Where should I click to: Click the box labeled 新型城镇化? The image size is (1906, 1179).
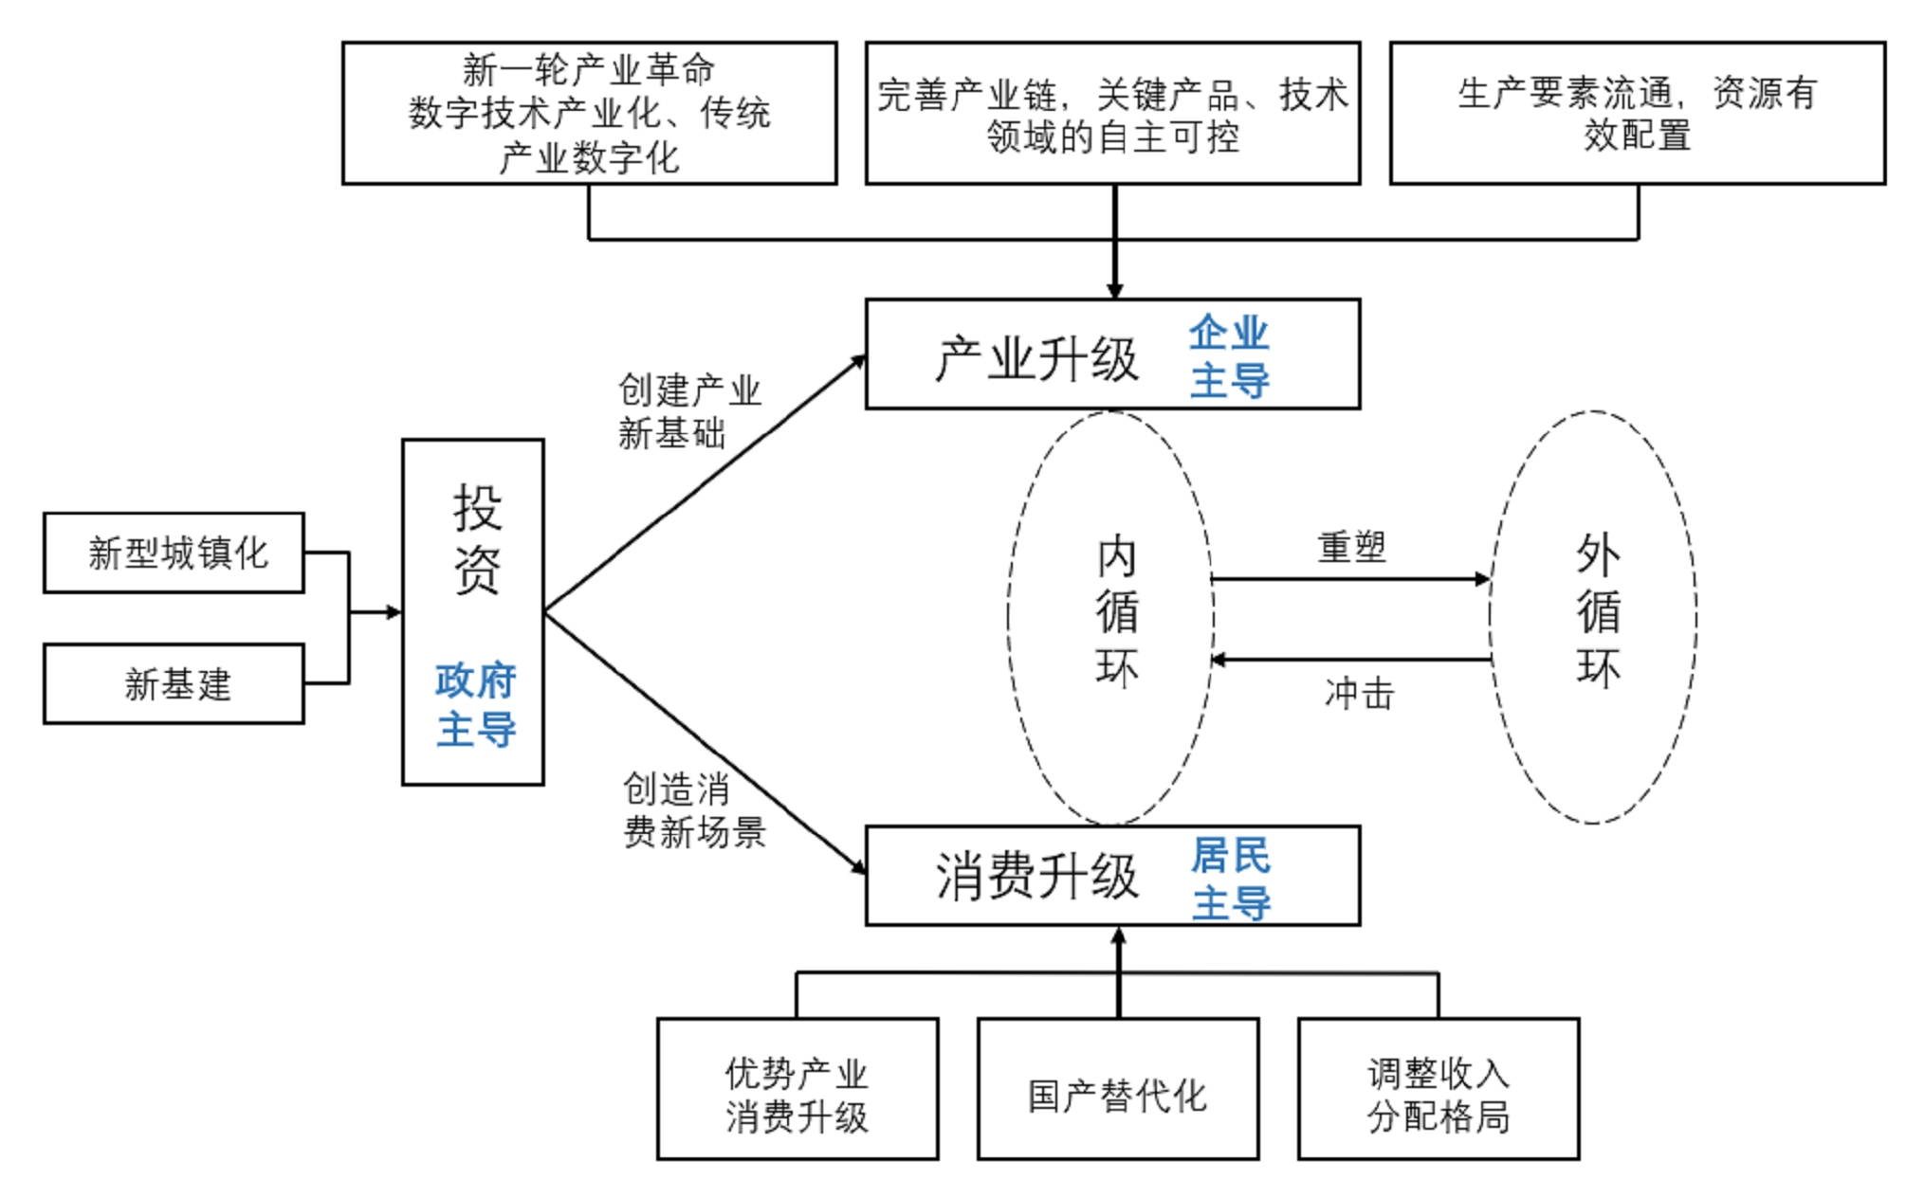click(x=174, y=553)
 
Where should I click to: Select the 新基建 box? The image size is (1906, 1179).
click(x=174, y=683)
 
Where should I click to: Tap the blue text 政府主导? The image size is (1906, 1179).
click(x=476, y=705)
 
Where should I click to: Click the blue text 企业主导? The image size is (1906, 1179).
click(x=1229, y=356)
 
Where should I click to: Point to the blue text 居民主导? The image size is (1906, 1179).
click(x=1231, y=879)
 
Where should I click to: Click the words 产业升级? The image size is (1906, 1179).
click(x=1036, y=360)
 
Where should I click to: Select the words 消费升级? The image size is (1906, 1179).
click(x=1036, y=876)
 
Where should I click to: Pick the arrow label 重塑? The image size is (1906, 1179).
click(x=1352, y=547)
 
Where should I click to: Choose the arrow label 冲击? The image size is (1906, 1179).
click(x=1359, y=694)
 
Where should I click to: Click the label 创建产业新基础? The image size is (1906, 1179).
click(x=689, y=411)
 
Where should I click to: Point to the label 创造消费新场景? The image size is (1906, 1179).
click(x=694, y=810)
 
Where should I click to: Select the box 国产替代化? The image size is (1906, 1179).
click(x=1118, y=1088)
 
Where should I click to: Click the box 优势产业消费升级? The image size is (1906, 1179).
click(x=797, y=1088)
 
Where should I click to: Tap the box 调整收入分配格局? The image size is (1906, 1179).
click(x=1439, y=1088)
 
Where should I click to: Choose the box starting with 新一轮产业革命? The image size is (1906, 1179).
click(x=589, y=113)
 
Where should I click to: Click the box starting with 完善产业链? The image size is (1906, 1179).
click(x=1112, y=113)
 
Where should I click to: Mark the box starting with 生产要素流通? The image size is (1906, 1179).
click(x=1638, y=113)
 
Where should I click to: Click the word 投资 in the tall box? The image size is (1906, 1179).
click(x=476, y=538)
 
